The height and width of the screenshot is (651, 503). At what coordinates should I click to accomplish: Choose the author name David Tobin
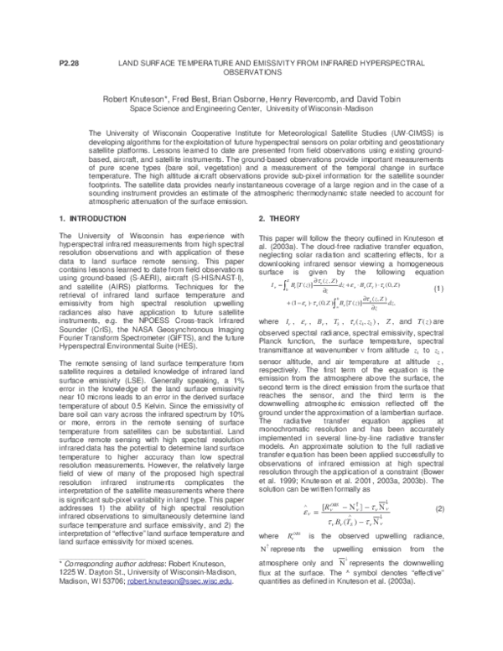coord(378,98)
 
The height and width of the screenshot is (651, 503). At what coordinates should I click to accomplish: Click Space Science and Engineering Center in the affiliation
coord(188,108)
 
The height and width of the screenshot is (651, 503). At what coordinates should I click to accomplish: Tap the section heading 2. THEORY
coord(272,218)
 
